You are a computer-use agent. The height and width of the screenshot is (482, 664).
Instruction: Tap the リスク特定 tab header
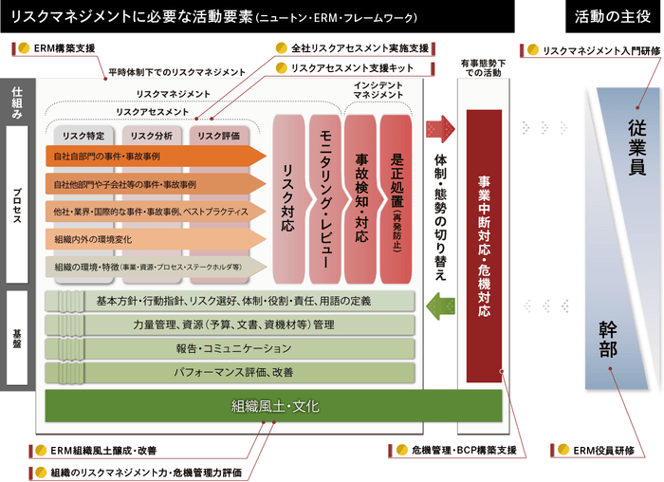[x=83, y=136]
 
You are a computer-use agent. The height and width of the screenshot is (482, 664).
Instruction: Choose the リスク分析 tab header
[x=150, y=136]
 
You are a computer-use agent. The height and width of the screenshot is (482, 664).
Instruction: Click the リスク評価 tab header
[x=217, y=136]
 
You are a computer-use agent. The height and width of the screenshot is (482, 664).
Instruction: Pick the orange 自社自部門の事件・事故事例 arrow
[x=152, y=155]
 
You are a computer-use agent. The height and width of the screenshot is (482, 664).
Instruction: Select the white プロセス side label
[x=17, y=204]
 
